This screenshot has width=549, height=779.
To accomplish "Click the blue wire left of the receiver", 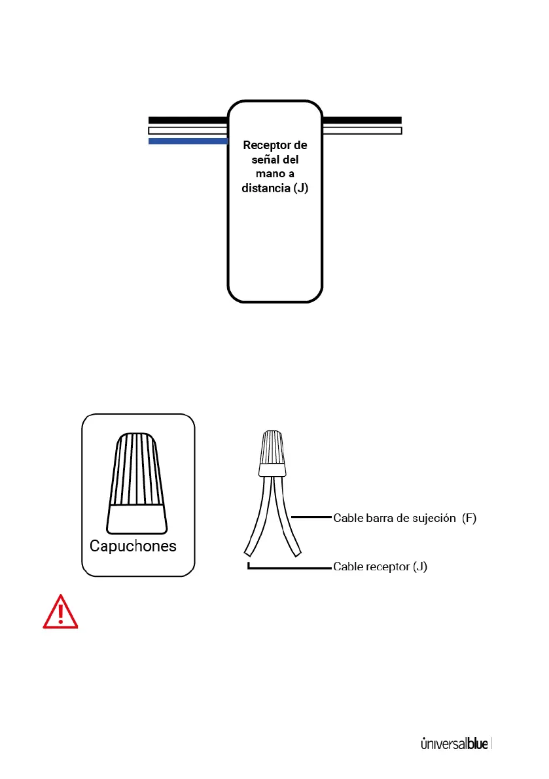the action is pyautogui.click(x=188, y=141).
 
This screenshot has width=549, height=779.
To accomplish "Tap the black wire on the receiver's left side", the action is pyautogui.click(x=188, y=120).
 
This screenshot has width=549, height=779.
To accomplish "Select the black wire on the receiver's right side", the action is pyautogui.click(x=362, y=120).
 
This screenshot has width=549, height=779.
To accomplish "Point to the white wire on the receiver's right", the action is pyautogui.click(x=362, y=131).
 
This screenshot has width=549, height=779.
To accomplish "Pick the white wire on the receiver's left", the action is pyautogui.click(x=188, y=131).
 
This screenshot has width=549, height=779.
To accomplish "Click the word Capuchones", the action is pyautogui.click(x=133, y=546).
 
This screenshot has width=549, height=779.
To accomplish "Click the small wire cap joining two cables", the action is pyautogui.click(x=272, y=453).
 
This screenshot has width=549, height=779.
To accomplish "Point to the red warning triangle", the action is pyautogui.click(x=60, y=612).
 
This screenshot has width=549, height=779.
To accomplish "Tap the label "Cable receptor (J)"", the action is pyautogui.click(x=380, y=566).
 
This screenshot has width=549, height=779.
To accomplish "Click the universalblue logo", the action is pyautogui.click(x=454, y=744).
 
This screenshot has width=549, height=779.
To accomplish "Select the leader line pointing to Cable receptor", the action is pyautogui.click(x=288, y=568).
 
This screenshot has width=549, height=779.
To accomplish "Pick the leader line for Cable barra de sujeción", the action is pyautogui.click(x=310, y=518).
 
